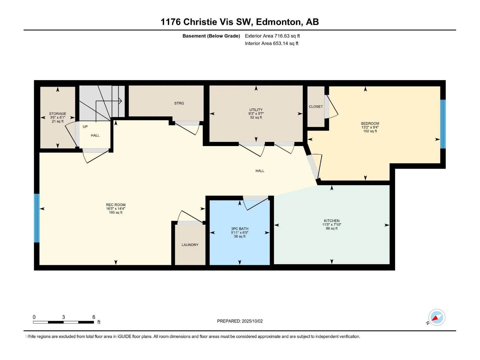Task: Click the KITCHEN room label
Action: pyautogui.click(x=331, y=221)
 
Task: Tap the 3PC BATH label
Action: pyautogui.click(x=240, y=229)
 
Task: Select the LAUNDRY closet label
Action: pyautogui.click(x=190, y=245)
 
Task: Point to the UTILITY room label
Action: pyautogui.click(x=256, y=110)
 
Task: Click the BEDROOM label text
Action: pyautogui.click(x=370, y=124)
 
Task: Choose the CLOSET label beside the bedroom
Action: pyautogui.click(x=316, y=107)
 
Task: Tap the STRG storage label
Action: pyautogui.click(x=179, y=103)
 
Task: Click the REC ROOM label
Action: pyautogui.click(x=116, y=205)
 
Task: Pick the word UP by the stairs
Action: pyautogui.click(x=85, y=127)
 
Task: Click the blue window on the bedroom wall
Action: pyautogui.click(x=443, y=124)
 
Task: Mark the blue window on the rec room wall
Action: pyautogui.click(x=37, y=218)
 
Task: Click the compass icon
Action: pyautogui.click(x=437, y=317)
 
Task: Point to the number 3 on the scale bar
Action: pyautogui.click(x=63, y=317)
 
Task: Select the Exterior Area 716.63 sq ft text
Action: pyautogui.click(x=272, y=36)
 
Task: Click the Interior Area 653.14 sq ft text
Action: pyautogui.click(x=271, y=43)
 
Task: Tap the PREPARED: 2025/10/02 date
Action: pyautogui.click(x=240, y=321)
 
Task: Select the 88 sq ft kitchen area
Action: pyautogui.click(x=331, y=228)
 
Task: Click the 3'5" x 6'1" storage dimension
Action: pyautogui.click(x=58, y=117)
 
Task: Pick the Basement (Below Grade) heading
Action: pyautogui.click(x=211, y=36)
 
